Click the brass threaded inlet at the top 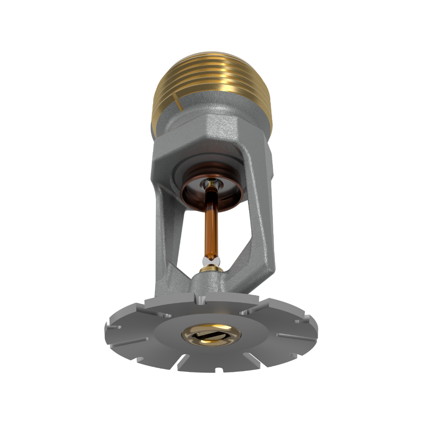(x=211, y=80)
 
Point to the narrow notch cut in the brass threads (x=178, y=102)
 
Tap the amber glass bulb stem (x=211, y=224)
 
